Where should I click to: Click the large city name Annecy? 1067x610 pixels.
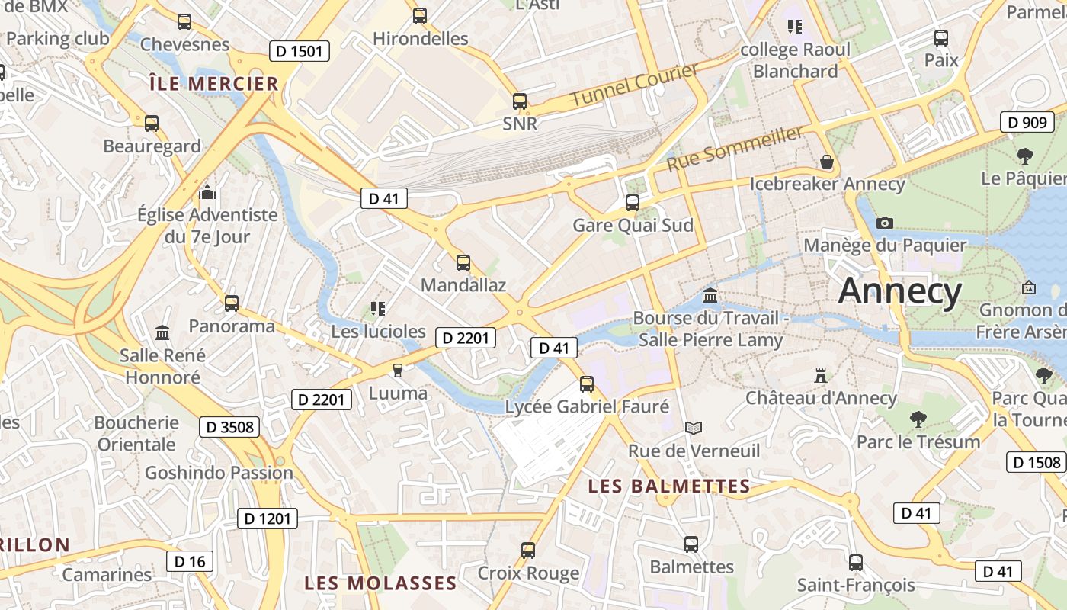tap(900, 291)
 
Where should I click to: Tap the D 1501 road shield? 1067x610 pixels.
tap(300, 52)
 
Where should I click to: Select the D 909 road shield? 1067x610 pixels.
tap(1027, 122)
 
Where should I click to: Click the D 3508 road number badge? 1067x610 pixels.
tap(229, 427)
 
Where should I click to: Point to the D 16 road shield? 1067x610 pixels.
tap(190, 562)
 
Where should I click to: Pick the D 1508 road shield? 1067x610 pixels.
tap(1036, 462)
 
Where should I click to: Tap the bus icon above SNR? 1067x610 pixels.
tap(520, 101)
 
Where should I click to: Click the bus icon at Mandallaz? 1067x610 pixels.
tap(463, 263)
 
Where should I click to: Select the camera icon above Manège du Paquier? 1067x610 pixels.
tap(884, 223)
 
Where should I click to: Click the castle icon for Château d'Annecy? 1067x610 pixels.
tap(821, 376)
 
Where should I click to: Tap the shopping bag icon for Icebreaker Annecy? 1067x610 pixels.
tap(827, 162)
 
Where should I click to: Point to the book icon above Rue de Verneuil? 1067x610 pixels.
tap(693, 429)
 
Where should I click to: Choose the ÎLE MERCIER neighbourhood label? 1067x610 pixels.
tap(213, 84)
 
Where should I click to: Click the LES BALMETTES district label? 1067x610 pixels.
tap(670, 486)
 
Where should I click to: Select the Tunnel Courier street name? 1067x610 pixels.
tap(634, 85)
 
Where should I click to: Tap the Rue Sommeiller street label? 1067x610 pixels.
tap(735, 149)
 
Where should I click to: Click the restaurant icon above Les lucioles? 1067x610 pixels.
tap(377, 309)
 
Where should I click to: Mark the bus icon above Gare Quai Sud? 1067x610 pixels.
tap(633, 203)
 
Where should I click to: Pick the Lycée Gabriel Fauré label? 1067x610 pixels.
tap(587, 407)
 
